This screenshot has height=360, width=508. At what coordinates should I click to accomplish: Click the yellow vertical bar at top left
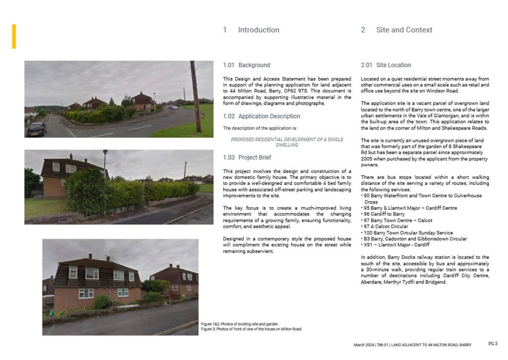[14, 36]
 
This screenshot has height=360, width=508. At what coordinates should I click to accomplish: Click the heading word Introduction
[258, 30]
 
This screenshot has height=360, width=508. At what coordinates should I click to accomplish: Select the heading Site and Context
[404, 30]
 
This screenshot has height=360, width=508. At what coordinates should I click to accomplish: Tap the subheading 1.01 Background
[247, 65]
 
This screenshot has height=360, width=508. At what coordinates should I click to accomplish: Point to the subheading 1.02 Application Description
[261, 116]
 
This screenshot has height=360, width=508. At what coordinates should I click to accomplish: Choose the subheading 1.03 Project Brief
[247, 157]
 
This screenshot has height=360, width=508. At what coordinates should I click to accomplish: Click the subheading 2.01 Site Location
[386, 65]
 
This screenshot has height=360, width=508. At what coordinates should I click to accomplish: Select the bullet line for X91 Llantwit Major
[396, 245]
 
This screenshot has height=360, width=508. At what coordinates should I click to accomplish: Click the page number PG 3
[493, 344]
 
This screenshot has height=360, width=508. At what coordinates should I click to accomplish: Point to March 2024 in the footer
[364, 345]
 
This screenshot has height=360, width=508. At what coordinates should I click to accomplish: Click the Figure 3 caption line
[251, 329]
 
